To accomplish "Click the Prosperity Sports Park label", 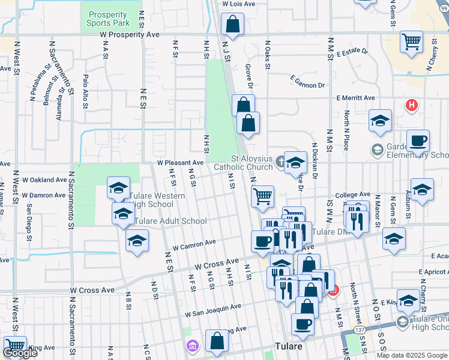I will [109, 18].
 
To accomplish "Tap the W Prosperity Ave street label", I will [130, 35].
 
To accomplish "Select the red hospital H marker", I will [411, 106].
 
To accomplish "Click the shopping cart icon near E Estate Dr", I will [412, 43].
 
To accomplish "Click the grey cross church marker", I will [280, 160].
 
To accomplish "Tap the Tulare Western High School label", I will [152, 200].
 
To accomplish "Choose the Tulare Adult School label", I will [170, 221].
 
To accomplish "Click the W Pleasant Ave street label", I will [181, 163].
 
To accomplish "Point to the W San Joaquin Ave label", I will [213, 310].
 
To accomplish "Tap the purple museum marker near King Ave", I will [192, 346].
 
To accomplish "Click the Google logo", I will [20, 353].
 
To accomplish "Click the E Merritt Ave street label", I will [355, 98].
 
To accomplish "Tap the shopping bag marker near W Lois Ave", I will [232, 25].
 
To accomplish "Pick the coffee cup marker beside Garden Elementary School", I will [418, 141].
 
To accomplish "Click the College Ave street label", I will [352, 195].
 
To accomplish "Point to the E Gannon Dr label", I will [307, 79].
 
